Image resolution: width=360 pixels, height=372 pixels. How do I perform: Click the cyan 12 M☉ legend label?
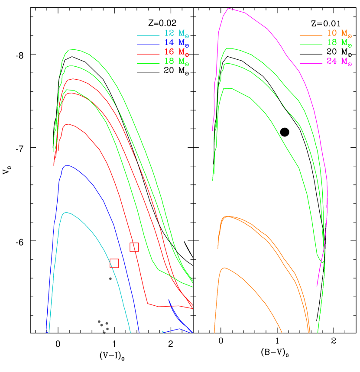(x=176, y=33)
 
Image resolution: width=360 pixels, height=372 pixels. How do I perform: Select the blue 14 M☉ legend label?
(x=176, y=42)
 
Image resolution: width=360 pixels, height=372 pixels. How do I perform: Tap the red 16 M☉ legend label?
(x=176, y=52)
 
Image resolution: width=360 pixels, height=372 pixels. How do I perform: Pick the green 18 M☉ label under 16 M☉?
(x=176, y=61)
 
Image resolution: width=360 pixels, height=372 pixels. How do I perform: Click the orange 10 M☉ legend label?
(x=339, y=33)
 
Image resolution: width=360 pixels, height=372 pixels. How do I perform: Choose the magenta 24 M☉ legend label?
(x=339, y=61)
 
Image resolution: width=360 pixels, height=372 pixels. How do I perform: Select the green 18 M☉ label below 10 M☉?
(x=339, y=42)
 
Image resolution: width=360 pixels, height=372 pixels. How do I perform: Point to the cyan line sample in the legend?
(x=148, y=36)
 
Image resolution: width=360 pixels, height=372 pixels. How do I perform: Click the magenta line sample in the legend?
(x=311, y=64)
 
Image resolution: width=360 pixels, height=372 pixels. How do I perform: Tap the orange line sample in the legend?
(x=311, y=36)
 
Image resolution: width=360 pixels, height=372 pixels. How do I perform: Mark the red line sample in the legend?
(x=148, y=54)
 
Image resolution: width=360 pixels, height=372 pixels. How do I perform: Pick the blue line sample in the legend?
(x=148, y=45)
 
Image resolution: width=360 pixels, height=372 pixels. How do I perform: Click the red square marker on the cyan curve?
(x=114, y=263)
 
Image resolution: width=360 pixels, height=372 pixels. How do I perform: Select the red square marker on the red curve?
(x=134, y=247)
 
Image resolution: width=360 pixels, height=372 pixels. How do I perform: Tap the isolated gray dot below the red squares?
(x=110, y=278)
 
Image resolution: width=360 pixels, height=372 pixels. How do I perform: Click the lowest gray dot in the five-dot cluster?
(x=104, y=333)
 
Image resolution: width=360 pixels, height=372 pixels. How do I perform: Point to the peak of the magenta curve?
(x=228, y=8)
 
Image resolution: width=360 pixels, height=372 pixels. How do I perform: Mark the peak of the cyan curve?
(x=66, y=212)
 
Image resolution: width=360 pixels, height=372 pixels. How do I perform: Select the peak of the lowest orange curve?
(x=224, y=268)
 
